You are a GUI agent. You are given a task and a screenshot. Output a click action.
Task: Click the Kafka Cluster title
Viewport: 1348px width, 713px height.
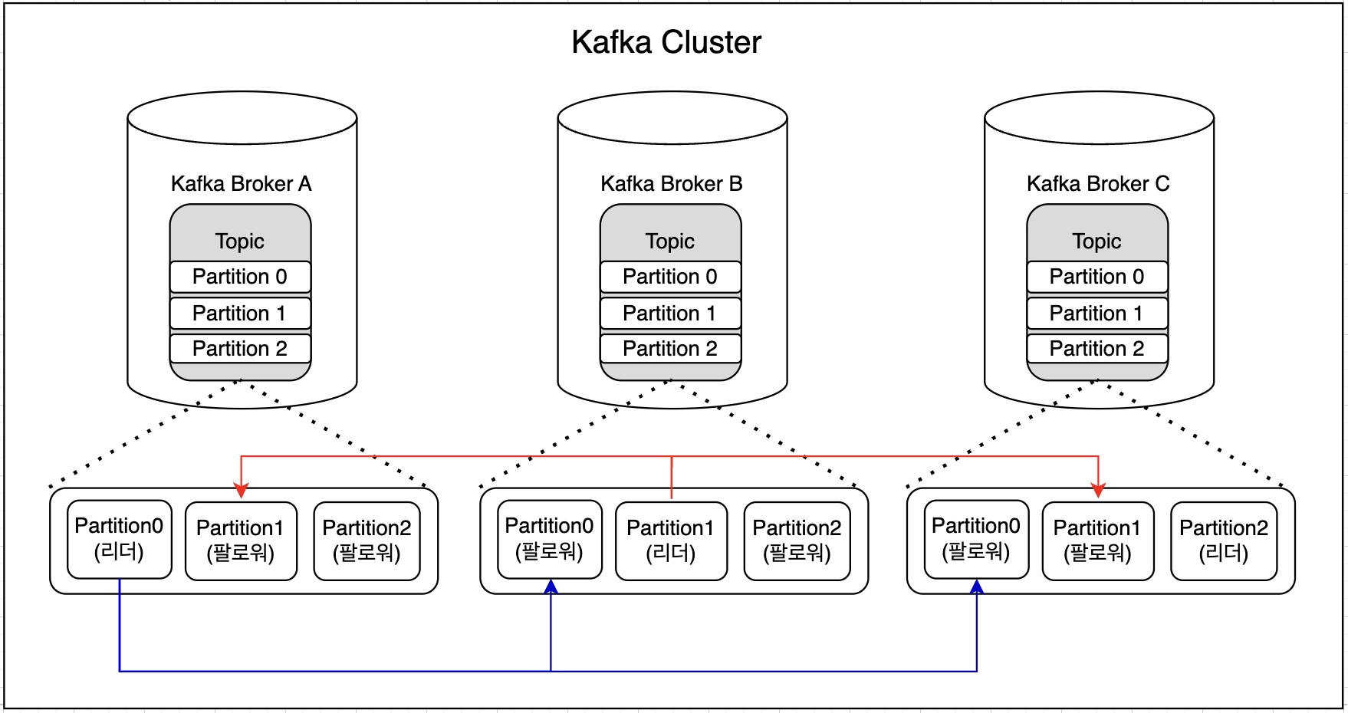click(666, 42)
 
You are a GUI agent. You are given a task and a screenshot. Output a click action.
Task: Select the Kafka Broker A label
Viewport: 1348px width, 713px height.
click(241, 184)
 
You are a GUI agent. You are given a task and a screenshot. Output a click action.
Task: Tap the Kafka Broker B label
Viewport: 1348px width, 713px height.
click(671, 184)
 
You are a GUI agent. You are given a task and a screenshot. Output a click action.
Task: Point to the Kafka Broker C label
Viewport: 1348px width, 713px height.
click(1097, 184)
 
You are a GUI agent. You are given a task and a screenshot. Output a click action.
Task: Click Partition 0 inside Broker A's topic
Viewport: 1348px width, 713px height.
click(240, 277)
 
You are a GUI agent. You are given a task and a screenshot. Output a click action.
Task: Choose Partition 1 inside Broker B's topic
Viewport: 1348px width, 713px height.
click(670, 313)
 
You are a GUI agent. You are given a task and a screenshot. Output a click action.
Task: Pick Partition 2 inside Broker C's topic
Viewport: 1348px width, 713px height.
click(1096, 349)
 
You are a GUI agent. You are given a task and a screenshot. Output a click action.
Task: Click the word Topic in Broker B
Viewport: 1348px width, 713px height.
click(670, 242)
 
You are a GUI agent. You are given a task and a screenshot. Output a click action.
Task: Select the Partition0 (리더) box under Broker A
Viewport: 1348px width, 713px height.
click(119, 540)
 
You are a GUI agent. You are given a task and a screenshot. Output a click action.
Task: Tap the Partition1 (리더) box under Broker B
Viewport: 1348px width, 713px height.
click(671, 540)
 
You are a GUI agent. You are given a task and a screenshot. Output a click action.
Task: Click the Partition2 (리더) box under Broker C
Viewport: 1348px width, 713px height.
click(1224, 540)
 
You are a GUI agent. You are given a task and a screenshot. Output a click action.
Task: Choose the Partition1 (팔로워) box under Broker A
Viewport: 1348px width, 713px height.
click(241, 540)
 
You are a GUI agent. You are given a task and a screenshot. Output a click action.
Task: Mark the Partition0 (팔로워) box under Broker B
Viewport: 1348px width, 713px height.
click(549, 540)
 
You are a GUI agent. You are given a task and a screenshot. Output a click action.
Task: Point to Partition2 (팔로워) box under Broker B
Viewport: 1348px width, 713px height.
click(797, 540)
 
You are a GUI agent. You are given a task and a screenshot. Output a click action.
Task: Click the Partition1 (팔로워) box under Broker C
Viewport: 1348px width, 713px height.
click(1097, 540)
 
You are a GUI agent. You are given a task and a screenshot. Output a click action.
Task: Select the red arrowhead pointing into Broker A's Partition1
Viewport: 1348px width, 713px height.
click(242, 491)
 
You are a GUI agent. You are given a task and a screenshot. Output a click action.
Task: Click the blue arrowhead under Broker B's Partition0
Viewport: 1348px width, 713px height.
click(551, 587)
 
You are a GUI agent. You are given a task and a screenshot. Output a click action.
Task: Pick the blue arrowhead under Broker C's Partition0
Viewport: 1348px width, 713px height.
click(977, 587)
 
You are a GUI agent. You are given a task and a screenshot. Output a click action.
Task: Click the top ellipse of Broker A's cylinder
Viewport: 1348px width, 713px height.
click(242, 118)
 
